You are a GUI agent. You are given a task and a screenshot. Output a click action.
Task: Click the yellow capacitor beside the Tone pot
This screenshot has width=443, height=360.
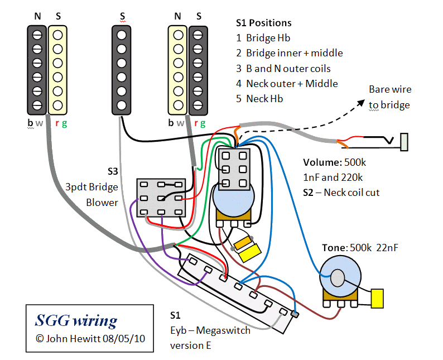tap(378, 299)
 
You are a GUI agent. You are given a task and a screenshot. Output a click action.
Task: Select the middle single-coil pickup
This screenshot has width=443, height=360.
tap(122, 69)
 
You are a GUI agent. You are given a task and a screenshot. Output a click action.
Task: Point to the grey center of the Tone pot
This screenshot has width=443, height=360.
tap(337, 277)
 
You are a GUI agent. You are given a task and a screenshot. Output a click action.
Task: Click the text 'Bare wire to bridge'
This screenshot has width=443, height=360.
tap(389, 97)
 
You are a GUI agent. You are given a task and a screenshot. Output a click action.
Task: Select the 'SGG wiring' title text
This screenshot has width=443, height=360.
tap(76, 320)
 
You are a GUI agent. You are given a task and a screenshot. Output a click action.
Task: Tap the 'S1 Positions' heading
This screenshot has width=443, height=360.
tap(263, 23)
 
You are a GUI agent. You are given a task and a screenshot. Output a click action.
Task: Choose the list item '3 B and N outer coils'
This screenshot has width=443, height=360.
tap(283, 69)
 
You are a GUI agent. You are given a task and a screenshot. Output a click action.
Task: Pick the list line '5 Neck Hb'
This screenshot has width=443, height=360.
tap(259, 99)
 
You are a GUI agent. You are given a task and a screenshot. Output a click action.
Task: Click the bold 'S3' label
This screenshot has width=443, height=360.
tap(113, 171)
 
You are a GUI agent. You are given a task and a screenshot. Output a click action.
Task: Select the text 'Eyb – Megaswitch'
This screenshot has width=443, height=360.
tap(210, 330)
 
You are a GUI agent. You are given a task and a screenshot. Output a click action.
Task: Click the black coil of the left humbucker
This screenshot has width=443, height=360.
tap(37, 69)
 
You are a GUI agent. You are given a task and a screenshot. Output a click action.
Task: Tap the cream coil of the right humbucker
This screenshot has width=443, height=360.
tap(178, 69)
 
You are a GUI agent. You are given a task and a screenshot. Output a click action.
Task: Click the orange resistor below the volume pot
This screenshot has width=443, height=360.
tap(243, 243)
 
